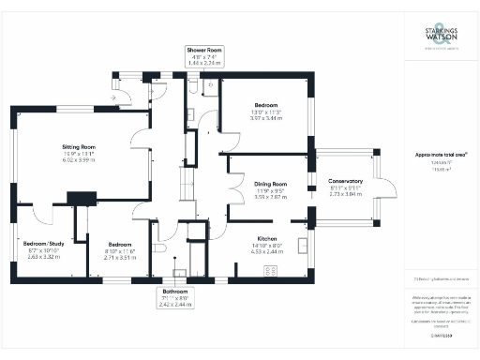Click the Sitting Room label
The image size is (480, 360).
[x=80, y=147]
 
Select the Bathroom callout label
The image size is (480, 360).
[x=175, y=298]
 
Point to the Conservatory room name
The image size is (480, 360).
[x=346, y=181]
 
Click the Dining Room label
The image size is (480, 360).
[x=269, y=184]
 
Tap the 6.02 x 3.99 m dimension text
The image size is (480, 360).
[x=80, y=160]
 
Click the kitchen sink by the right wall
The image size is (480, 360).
[x=305, y=246]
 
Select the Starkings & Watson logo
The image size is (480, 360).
[x=442, y=38]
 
